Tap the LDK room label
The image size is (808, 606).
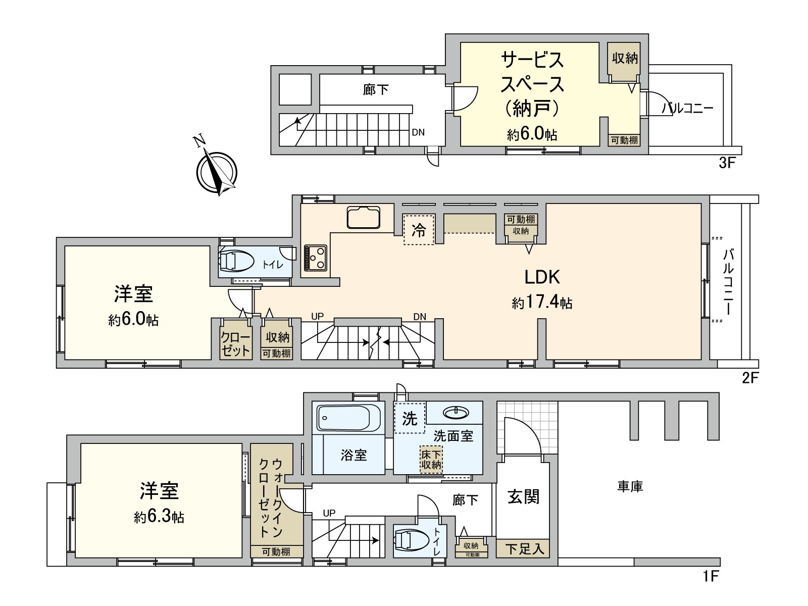pos(542,277)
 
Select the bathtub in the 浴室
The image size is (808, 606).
pos(349,419)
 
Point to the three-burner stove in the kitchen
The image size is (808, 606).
pos(316,258)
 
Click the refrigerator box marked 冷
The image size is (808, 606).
pos(419,230)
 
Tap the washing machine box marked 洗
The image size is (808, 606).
pos(410,418)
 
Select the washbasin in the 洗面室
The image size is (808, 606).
pos(456,413)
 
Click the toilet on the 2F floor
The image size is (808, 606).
pos(236,261)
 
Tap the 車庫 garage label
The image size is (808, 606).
pos(630,487)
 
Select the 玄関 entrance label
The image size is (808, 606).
pos(523,497)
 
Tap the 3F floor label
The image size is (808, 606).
pos(727,163)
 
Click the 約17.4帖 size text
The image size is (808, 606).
pos(542,302)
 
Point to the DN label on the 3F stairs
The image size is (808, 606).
pos(418,133)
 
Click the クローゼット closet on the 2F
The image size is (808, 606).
pos(236,344)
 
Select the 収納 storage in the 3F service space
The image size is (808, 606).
pos(625,59)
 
